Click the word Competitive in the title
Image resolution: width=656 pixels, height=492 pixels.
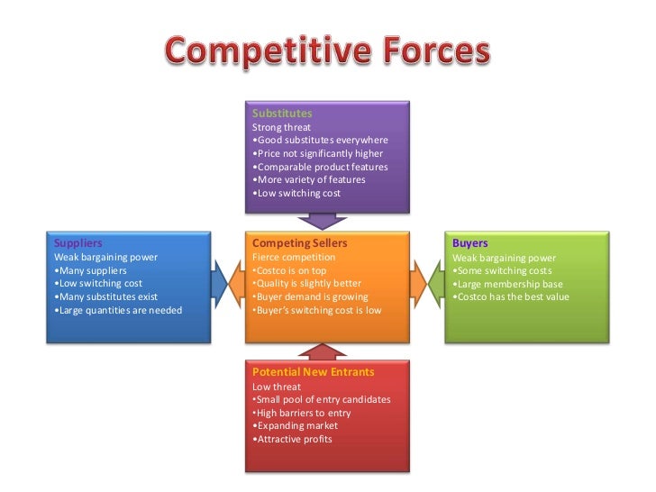click(x=265, y=53)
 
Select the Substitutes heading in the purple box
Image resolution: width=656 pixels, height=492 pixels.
click(x=282, y=114)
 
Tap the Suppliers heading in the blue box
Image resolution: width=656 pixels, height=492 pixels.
click(x=78, y=243)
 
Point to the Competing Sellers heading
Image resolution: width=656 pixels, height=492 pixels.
click(x=299, y=243)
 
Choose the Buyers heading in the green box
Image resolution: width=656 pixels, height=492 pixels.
click(x=470, y=243)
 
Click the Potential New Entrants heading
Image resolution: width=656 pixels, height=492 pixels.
click(x=313, y=371)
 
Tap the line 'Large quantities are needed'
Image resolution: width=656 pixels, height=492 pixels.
click(x=118, y=310)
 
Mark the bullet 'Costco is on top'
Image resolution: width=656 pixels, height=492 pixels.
click(x=289, y=270)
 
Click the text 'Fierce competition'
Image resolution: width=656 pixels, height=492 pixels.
click(x=293, y=257)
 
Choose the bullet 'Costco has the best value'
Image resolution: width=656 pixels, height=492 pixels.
click(x=511, y=297)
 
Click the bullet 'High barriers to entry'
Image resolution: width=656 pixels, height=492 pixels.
click(x=302, y=412)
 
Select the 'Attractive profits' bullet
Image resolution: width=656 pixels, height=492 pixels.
click(x=293, y=439)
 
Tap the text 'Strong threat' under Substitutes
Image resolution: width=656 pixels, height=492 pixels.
click(x=281, y=127)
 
